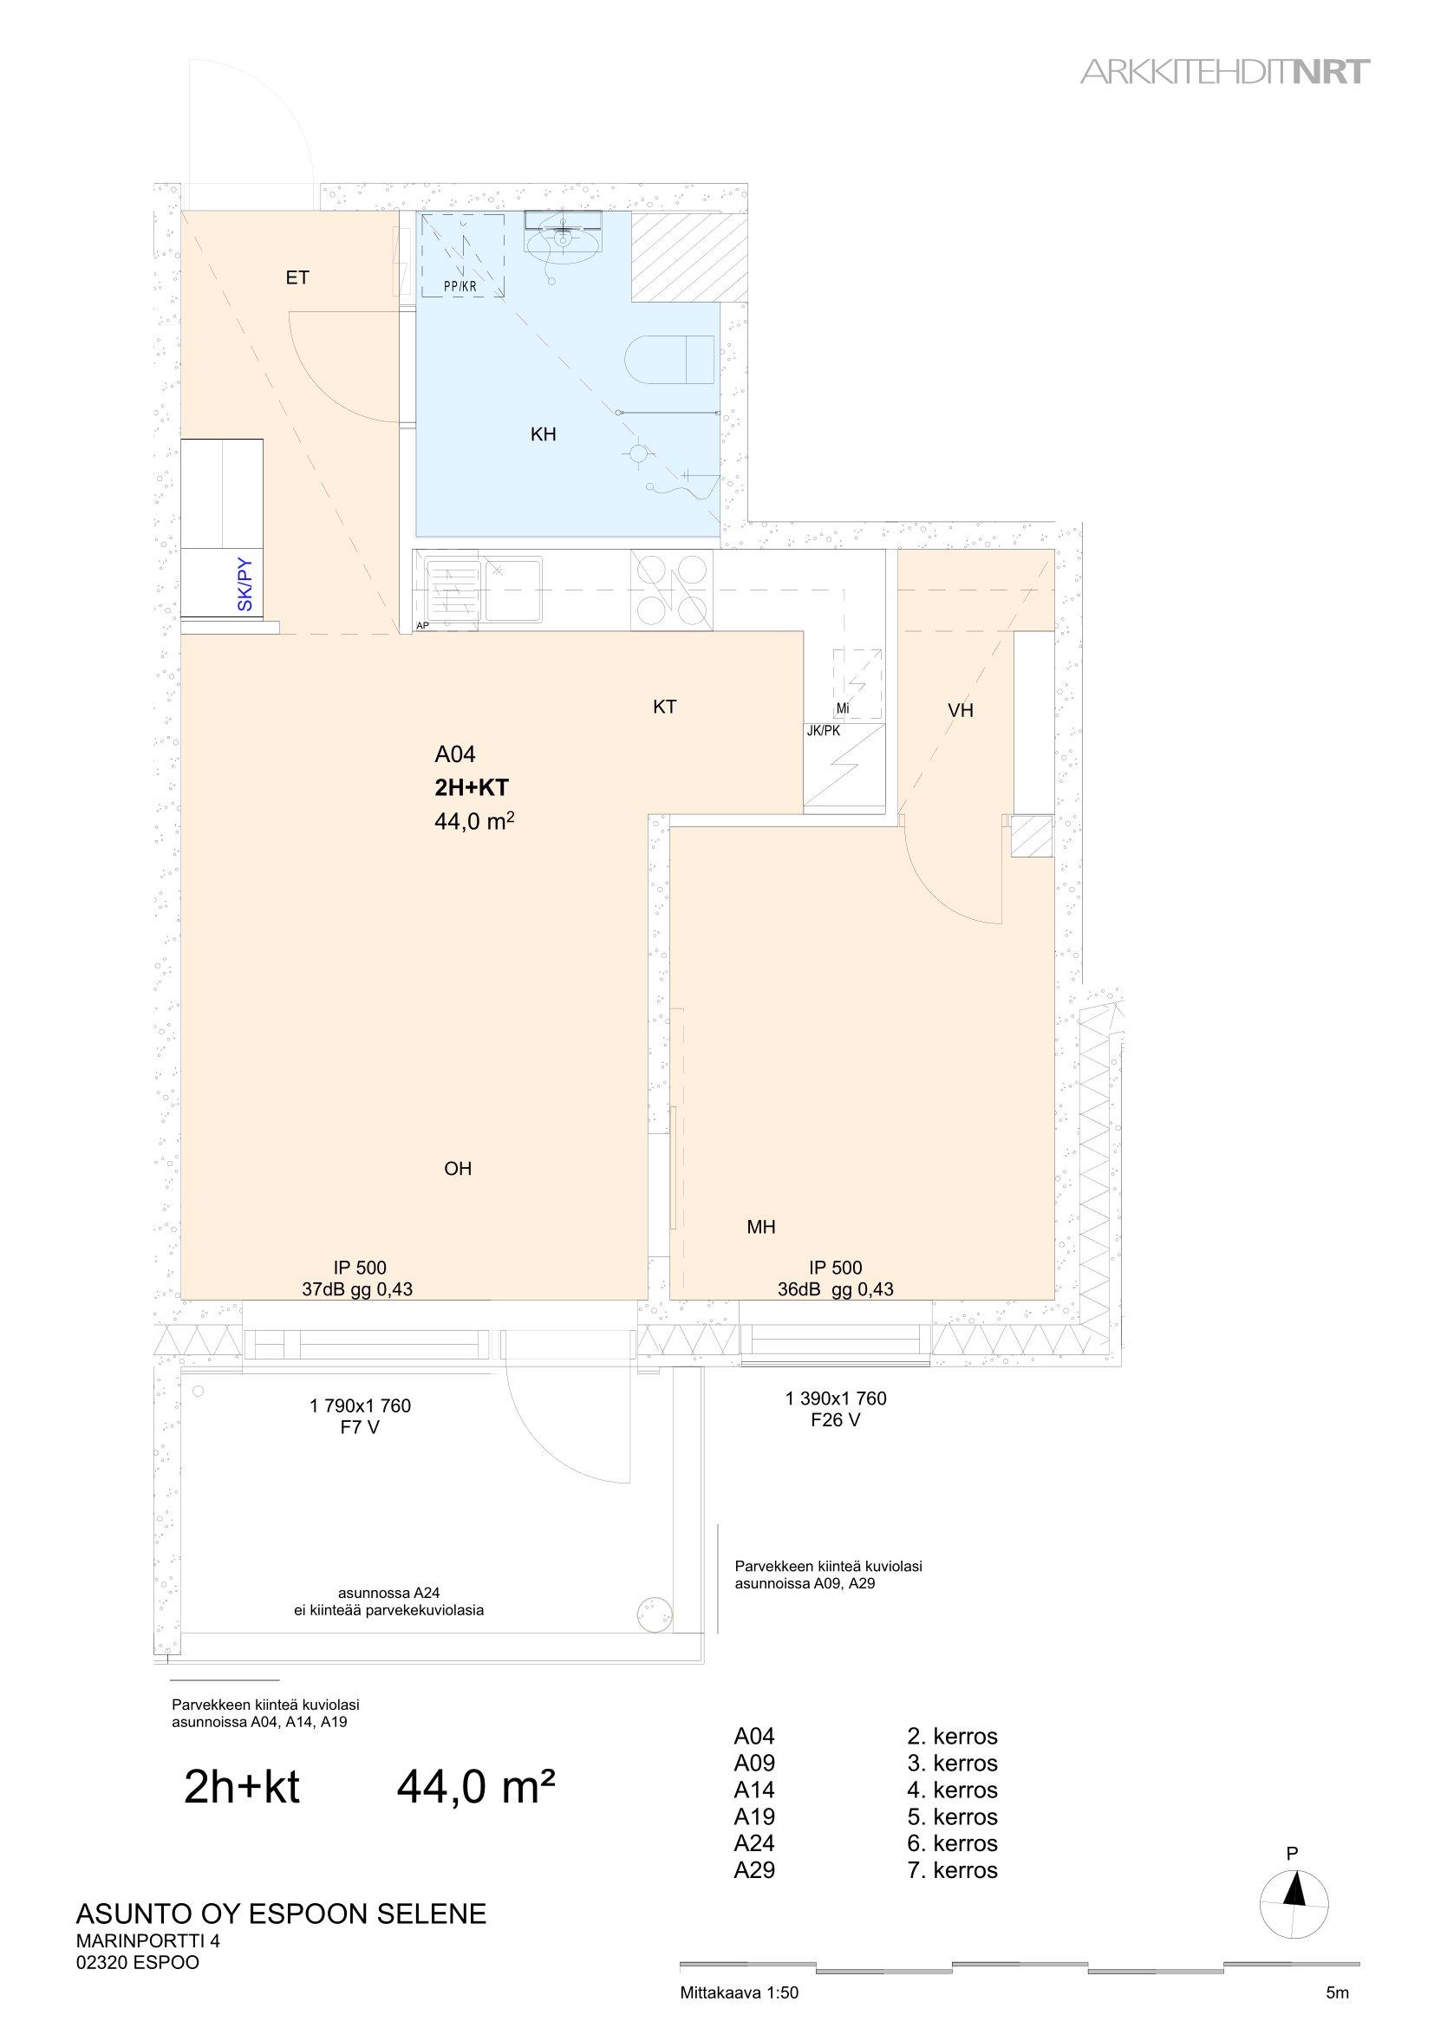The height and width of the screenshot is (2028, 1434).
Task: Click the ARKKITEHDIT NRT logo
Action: coord(1226,73)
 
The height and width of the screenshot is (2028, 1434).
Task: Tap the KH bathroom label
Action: coord(543,434)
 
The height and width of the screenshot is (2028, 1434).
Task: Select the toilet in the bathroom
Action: coord(670,359)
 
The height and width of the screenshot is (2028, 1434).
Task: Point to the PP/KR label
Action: coord(460,286)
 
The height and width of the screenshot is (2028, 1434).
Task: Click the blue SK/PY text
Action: coord(245,584)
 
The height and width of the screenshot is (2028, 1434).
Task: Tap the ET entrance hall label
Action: coord(297,278)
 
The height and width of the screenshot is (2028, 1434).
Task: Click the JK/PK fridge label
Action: coord(823,730)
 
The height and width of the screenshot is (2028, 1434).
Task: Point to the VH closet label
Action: coord(960,710)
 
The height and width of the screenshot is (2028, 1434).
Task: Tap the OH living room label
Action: coord(458,1169)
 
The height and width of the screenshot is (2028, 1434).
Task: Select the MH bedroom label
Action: coord(761,1226)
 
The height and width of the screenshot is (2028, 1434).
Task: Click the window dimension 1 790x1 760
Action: coord(361,1405)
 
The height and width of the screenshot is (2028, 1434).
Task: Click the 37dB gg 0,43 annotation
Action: coord(356,1289)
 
